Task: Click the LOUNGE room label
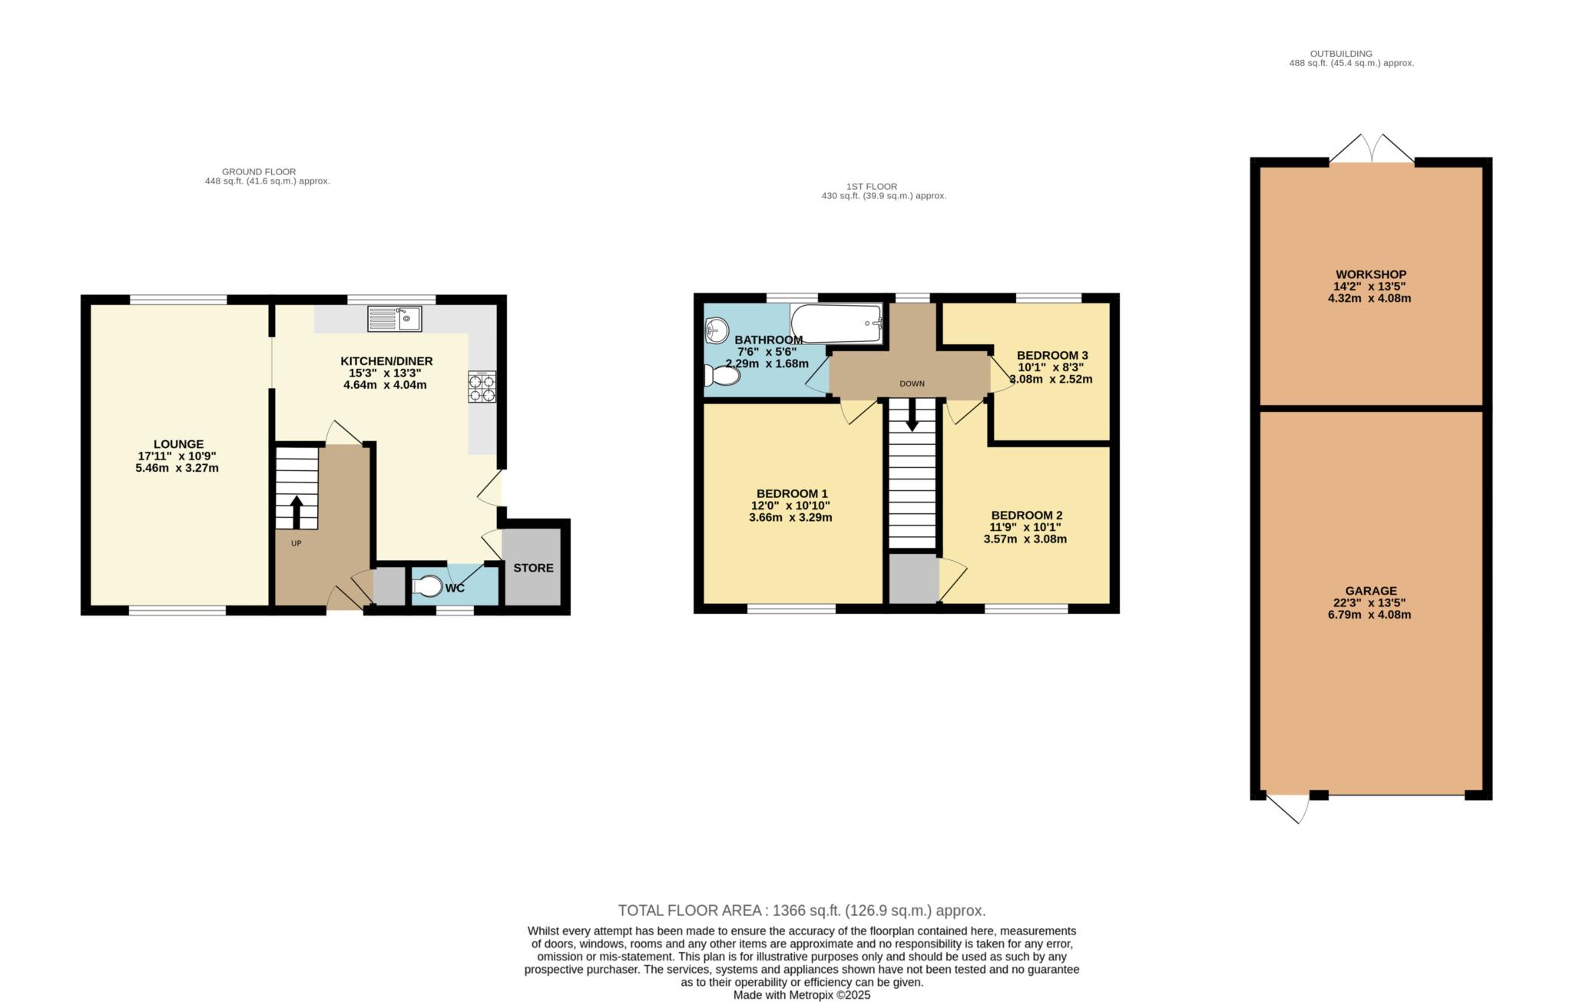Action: point(178,444)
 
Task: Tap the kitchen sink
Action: point(394,318)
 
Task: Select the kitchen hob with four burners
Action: point(482,387)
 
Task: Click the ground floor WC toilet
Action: point(428,587)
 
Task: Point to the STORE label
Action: point(533,568)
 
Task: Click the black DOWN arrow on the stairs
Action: point(912,415)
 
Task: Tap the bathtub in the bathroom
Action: point(836,323)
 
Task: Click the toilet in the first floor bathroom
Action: point(722,376)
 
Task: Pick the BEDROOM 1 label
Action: point(792,493)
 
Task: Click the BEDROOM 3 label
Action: point(1052,355)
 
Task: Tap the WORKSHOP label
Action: point(1371,274)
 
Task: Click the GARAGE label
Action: point(1371,591)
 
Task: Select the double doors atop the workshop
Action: point(1372,149)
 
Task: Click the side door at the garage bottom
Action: point(1288,809)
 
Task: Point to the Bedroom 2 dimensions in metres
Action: point(1025,539)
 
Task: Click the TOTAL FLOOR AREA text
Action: point(802,911)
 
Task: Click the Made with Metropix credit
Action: point(802,995)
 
